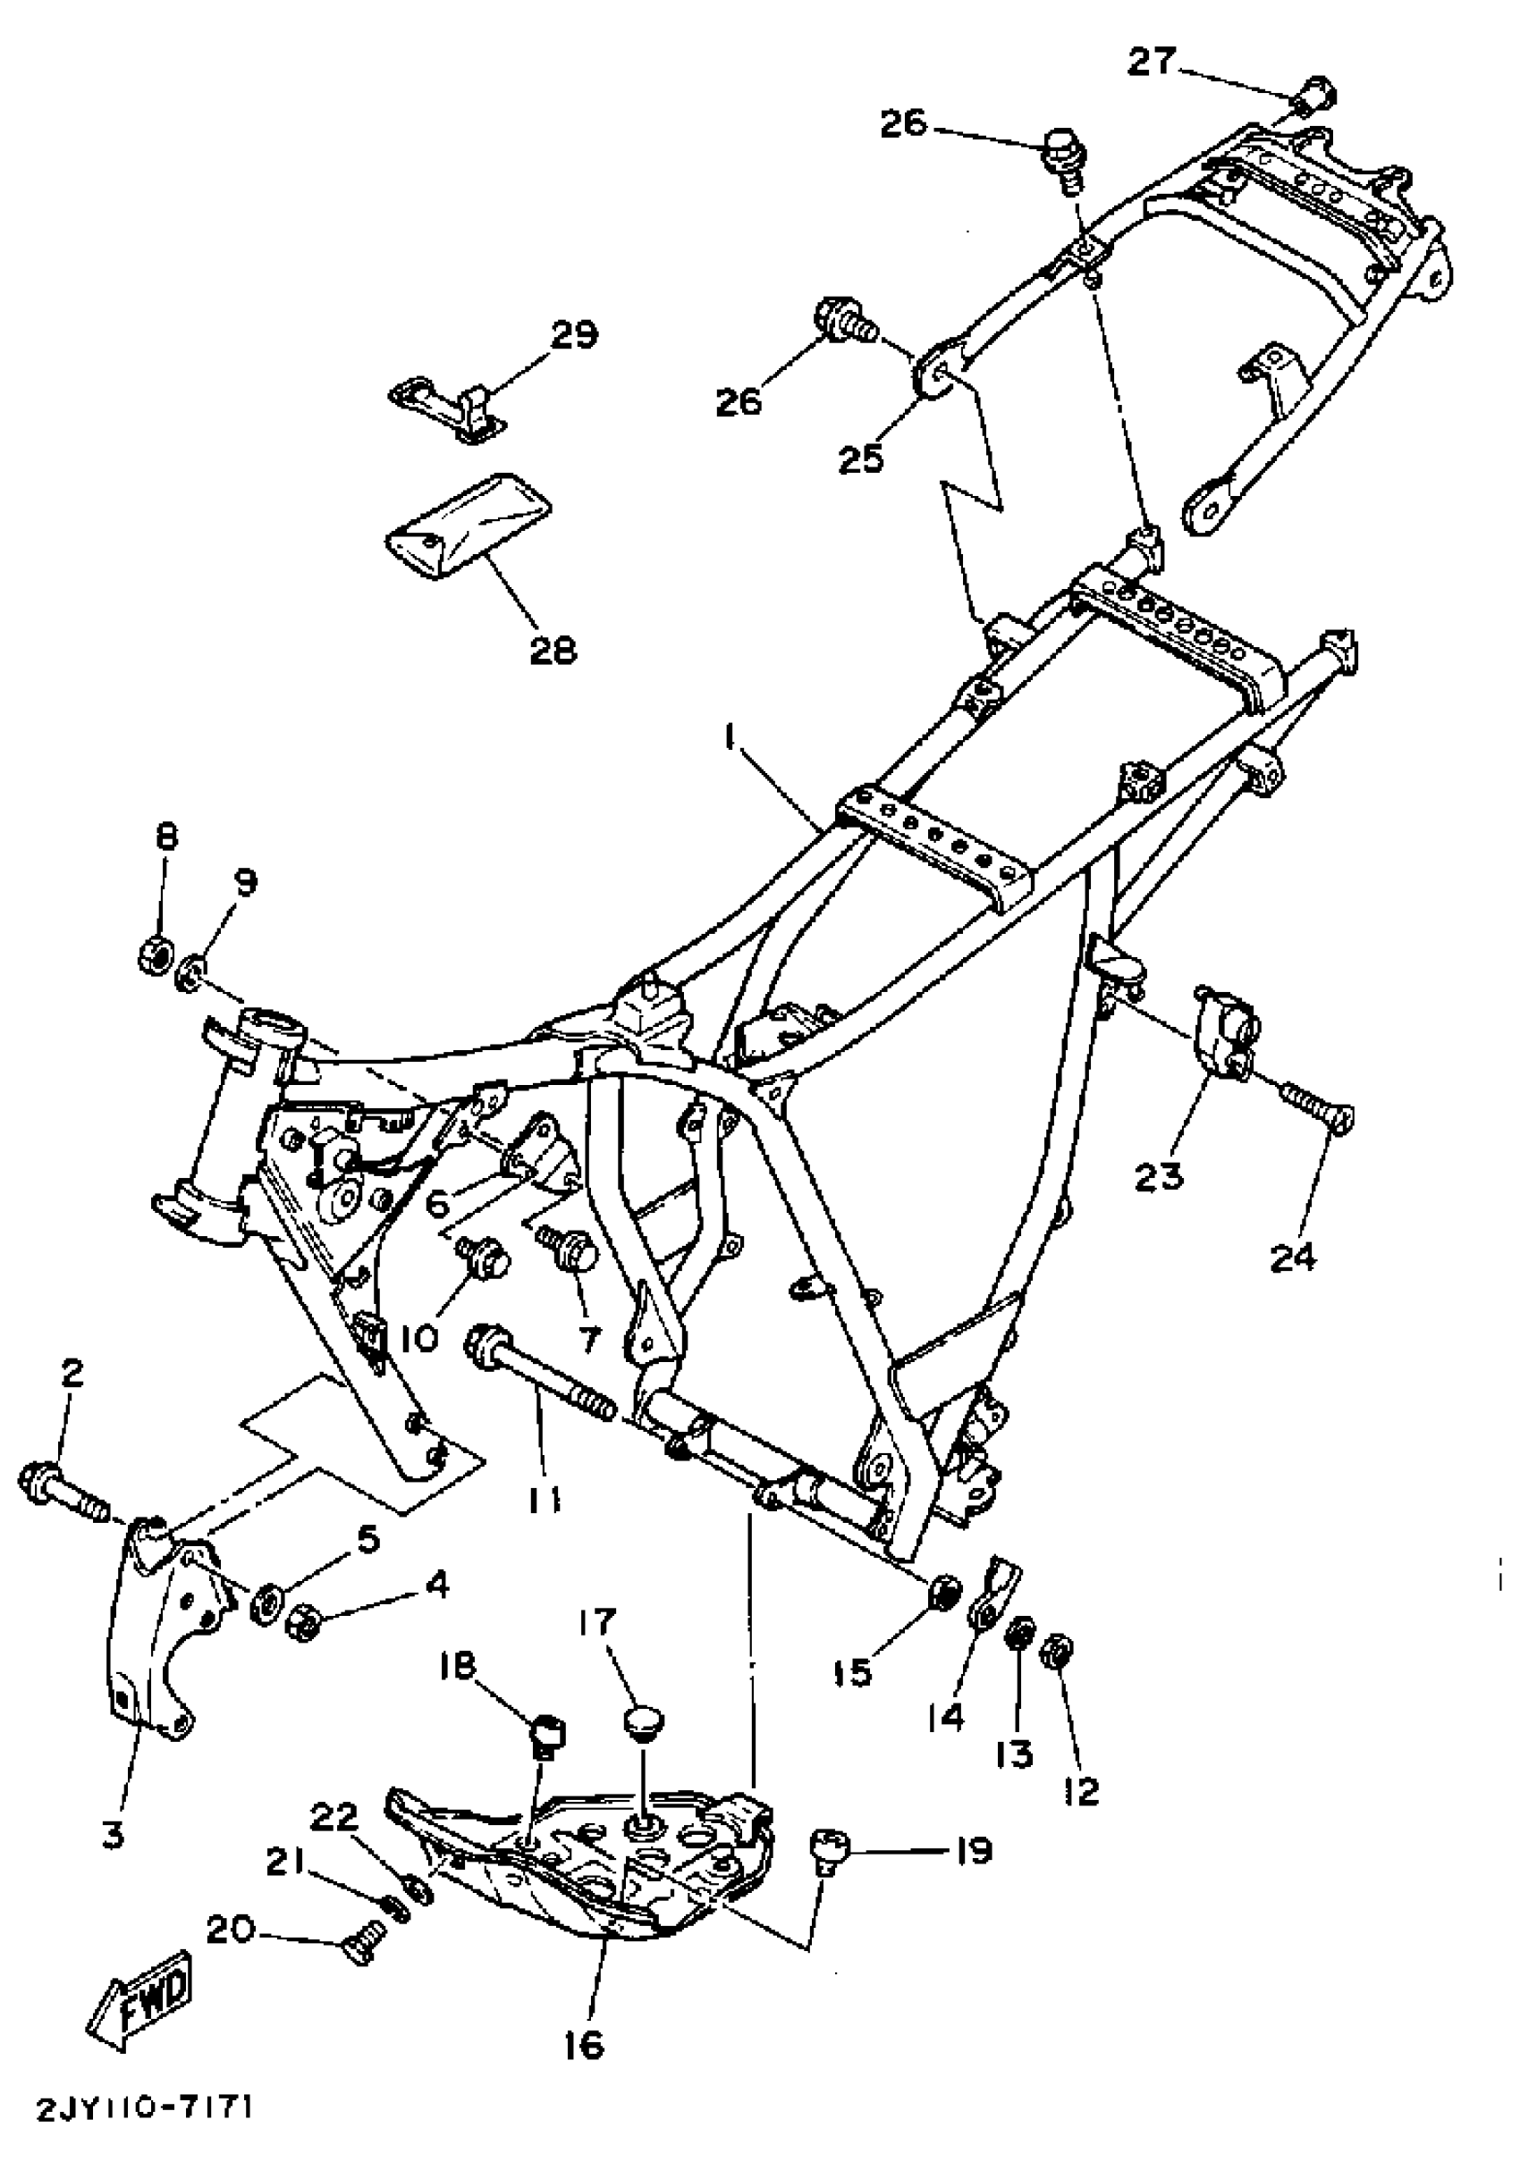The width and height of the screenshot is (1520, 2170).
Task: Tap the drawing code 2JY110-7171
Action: (x=145, y=2135)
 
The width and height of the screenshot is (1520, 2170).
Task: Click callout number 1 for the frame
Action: (x=730, y=738)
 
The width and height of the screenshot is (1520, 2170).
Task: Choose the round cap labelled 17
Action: (x=643, y=1720)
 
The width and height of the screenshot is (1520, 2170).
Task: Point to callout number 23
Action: (x=1159, y=1176)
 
